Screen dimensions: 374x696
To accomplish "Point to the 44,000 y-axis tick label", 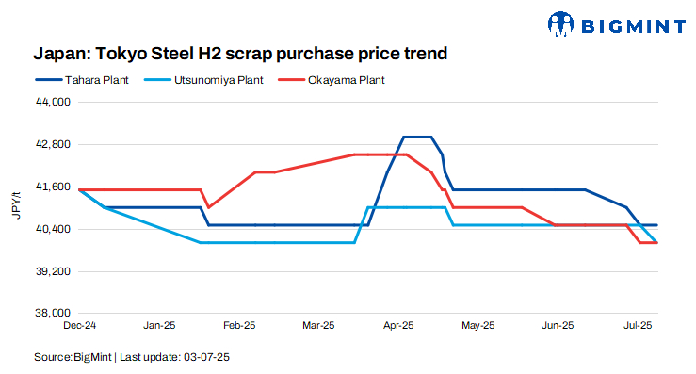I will click(53, 102).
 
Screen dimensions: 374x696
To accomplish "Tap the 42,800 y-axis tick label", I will click(53, 144).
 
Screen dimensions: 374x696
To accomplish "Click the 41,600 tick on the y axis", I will click(53, 187).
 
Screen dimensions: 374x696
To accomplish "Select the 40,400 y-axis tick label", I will click(53, 229).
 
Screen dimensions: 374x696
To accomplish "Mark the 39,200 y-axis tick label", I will click(53, 271).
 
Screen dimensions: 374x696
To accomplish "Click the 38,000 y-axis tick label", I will click(53, 313).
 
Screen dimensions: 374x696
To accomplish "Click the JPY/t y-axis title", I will click(15, 206).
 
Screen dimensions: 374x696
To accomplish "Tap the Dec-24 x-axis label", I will click(80, 326).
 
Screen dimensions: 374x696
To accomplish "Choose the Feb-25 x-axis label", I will click(239, 326).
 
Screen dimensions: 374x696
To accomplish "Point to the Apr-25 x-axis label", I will click(398, 326).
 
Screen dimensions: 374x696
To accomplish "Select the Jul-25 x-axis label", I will click(639, 326).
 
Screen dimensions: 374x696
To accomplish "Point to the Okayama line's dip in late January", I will click(209, 206).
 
